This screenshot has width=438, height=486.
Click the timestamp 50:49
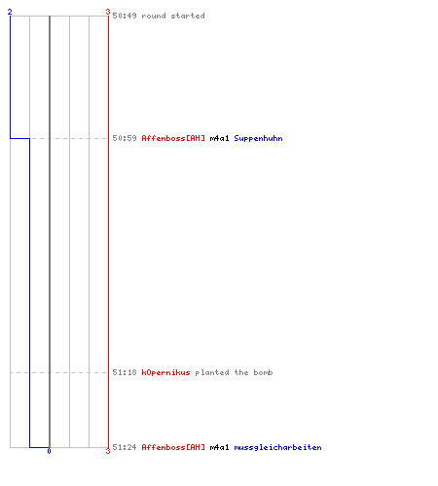click(x=125, y=16)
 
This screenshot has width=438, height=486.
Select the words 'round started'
click(x=173, y=16)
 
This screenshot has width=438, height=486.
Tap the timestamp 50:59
click(x=125, y=138)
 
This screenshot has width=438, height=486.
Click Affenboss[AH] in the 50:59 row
click(x=173, y=138)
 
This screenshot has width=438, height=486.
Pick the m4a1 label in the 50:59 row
click(x=219, y=138)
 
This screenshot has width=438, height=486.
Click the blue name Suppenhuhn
click(x=258, y=138)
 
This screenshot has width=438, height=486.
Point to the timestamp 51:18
click(x=125, y=372)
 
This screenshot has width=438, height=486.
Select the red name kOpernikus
click(x=165, y=372)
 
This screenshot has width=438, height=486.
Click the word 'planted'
click(x=212, y=372)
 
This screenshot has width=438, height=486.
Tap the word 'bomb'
click(x=263, y=372)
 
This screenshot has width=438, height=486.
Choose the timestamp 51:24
click(x=125, y=447)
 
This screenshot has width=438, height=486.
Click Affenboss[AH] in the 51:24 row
click(x=173, y=447)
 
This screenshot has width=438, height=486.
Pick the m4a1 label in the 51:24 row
click(x=219, y=447)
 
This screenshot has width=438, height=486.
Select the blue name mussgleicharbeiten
click(x=277, y=447)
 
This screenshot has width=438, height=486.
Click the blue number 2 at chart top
click(x=10, y=12)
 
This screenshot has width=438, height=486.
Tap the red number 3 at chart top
click(x=108, y=12)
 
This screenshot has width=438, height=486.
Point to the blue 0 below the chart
click(x=49, y=451)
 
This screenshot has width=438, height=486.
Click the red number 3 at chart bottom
click(x=108, y=451)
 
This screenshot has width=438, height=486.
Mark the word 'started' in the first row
click(x=188, y=16)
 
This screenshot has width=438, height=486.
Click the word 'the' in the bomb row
click(x=241, y=372)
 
